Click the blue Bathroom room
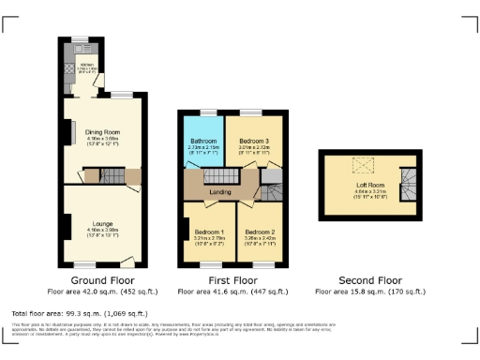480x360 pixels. [203, 142]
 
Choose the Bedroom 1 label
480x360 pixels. [208, 232]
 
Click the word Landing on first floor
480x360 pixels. [220, 191]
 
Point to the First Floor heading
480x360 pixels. [231, 279]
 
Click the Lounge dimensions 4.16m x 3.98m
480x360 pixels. [101, 229]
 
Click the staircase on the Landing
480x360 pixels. [218, 175]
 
